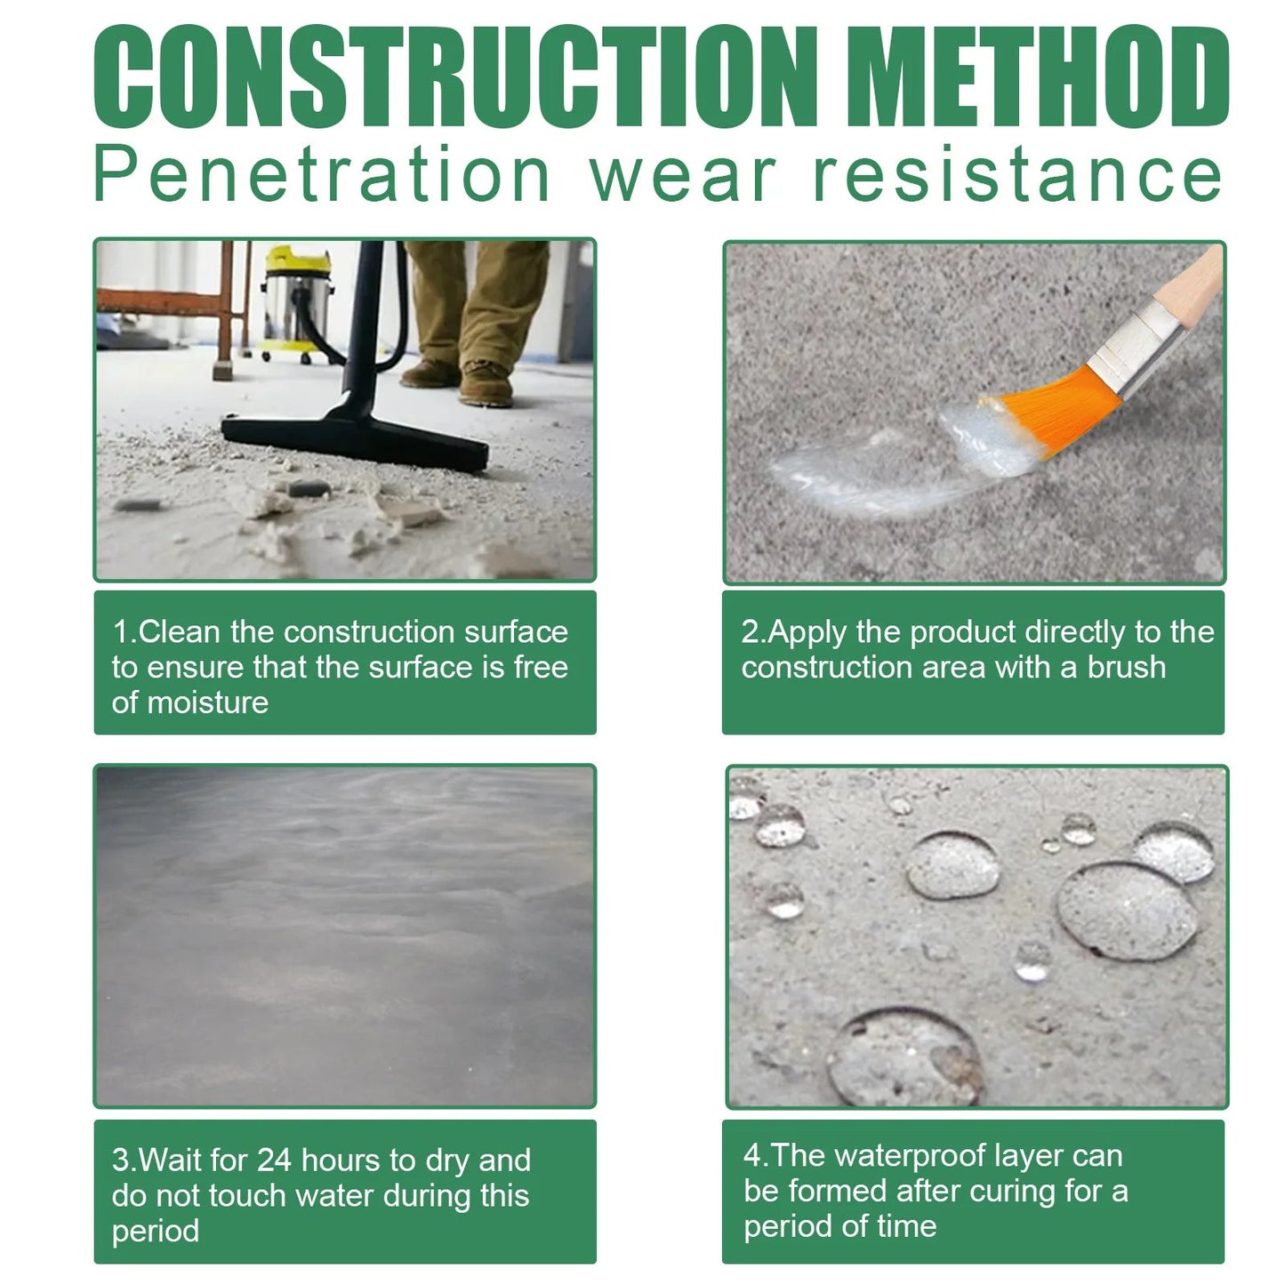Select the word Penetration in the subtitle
[322, 174]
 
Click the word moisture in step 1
[207, 703]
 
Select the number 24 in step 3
[274, 1161]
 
